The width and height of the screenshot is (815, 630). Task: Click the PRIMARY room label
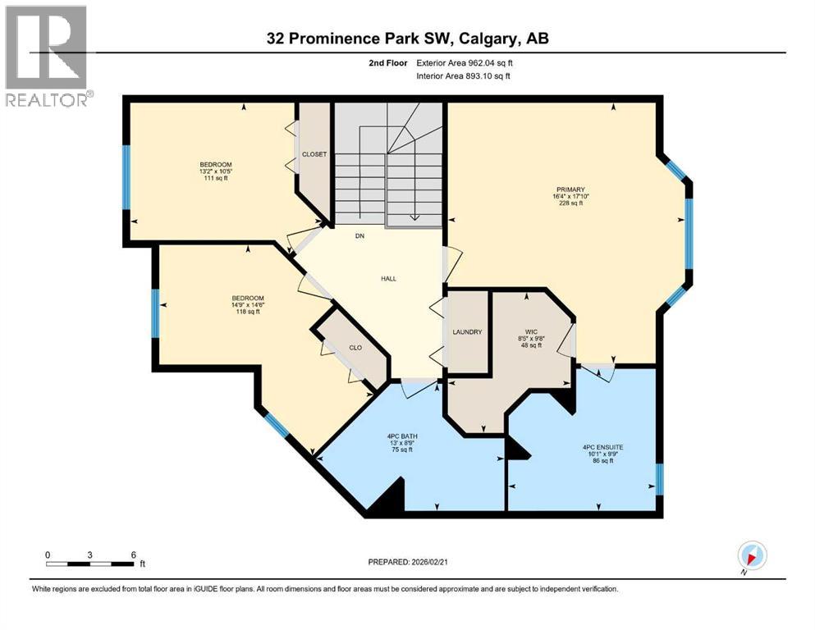(569, 188)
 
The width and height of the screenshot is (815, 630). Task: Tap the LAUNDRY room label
(467, 331)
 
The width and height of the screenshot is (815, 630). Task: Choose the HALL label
(388, 279)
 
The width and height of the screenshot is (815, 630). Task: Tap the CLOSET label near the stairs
(314, 154)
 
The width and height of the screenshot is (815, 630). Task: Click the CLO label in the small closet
(356, 348)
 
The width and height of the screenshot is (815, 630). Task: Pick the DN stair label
(359, 236)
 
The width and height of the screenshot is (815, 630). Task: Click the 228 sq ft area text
(569, 204)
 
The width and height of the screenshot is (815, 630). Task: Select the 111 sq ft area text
(215, 179)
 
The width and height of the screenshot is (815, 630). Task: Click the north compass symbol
(752, 556)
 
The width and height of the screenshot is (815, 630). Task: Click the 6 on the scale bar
(134, 554)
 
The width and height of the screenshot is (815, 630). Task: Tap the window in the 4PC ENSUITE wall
(659, 479)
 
